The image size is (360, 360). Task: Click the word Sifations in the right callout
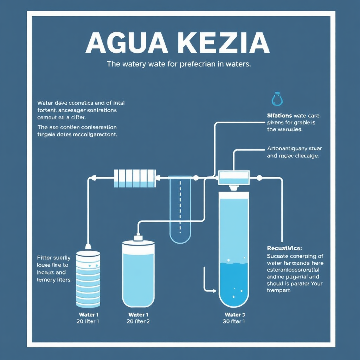click(279, 115)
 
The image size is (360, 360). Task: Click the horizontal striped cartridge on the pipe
click(135, 178)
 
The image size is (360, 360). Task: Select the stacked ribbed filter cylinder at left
click(88, 278)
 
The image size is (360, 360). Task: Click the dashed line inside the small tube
click(180, 207)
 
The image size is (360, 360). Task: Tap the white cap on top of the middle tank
click(138, 238)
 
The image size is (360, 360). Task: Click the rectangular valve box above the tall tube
click(234, 178)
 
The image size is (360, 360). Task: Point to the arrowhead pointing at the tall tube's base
click(214, 291)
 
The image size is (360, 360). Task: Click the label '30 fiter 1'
click(234, 321)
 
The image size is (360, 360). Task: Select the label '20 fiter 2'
click(138, 321)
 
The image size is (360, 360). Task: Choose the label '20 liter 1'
click(88, 321)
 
